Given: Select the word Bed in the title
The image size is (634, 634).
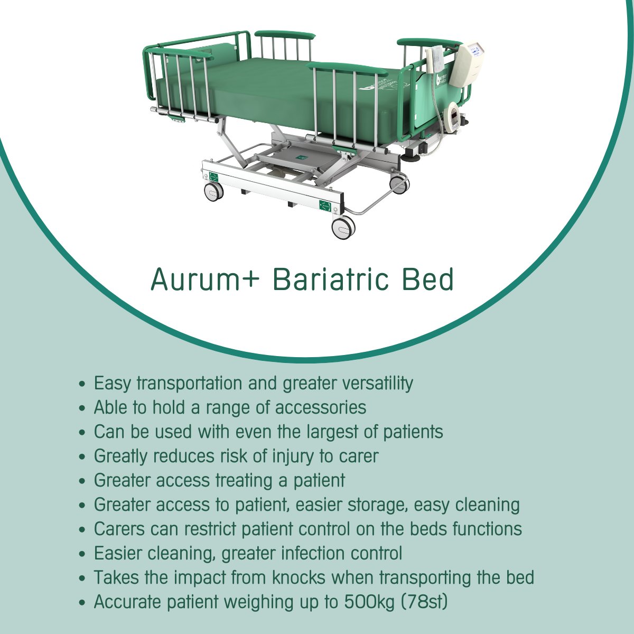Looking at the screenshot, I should click(428, 280).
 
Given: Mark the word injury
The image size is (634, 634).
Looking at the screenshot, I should click(295, 456).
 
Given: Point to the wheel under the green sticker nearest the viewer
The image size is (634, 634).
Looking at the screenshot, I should click(343, 228).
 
